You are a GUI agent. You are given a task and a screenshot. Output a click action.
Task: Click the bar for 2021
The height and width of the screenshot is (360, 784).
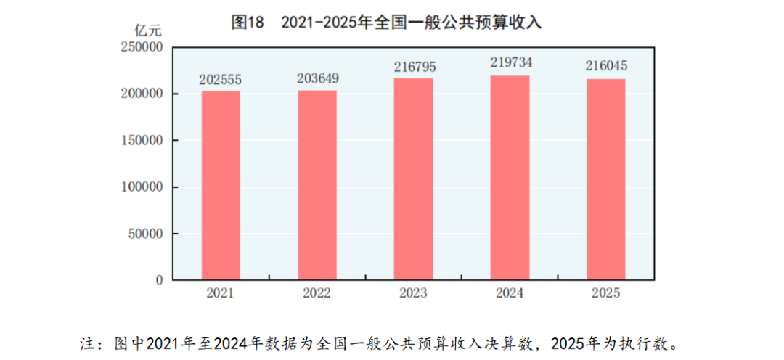pyautogui.click(x=221, y=185)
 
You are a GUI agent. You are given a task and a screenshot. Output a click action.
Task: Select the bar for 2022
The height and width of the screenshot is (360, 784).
pyautogui.click(x=317, y=185)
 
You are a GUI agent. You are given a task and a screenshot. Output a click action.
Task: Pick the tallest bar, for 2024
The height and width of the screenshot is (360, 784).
pyautogui.click(x=510, y=178)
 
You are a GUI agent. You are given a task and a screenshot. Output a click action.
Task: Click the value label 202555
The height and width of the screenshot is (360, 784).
pyautogui.click(x=221, y=80)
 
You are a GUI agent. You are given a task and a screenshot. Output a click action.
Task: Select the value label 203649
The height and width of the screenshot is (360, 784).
pyautogui.click(x=317, y=78)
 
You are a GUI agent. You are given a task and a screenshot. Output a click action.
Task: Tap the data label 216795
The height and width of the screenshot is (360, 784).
pyautogui.click(x=415, y=67)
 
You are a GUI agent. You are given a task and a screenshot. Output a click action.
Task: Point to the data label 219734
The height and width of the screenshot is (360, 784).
pyautogui.click(x=510, y=63)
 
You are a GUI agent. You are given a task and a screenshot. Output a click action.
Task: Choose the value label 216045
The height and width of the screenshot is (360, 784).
pyautogui.click(x=606, y=67)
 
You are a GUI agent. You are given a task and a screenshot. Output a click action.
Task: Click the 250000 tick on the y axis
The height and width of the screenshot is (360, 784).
pyautogui.click(x=141, y=47)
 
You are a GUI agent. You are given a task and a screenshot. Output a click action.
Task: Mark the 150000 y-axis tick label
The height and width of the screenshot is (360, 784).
pyautogui.click(x=141, y=140)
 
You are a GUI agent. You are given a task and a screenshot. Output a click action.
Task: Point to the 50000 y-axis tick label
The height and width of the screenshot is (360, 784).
pyautogui.click(x=144, y=234)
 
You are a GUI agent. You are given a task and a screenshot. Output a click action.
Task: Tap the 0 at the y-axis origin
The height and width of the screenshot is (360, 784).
pyautogui.click(x=159, y=280)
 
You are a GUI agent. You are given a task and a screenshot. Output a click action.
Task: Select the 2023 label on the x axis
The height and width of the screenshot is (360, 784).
pyautogui.click(x=414, y=294)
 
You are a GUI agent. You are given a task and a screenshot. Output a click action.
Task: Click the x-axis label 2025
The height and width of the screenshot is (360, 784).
pyautogui.click(x=606, y=294)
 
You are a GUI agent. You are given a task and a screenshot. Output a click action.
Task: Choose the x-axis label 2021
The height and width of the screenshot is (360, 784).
pyautogui.click(x=221, y=294)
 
